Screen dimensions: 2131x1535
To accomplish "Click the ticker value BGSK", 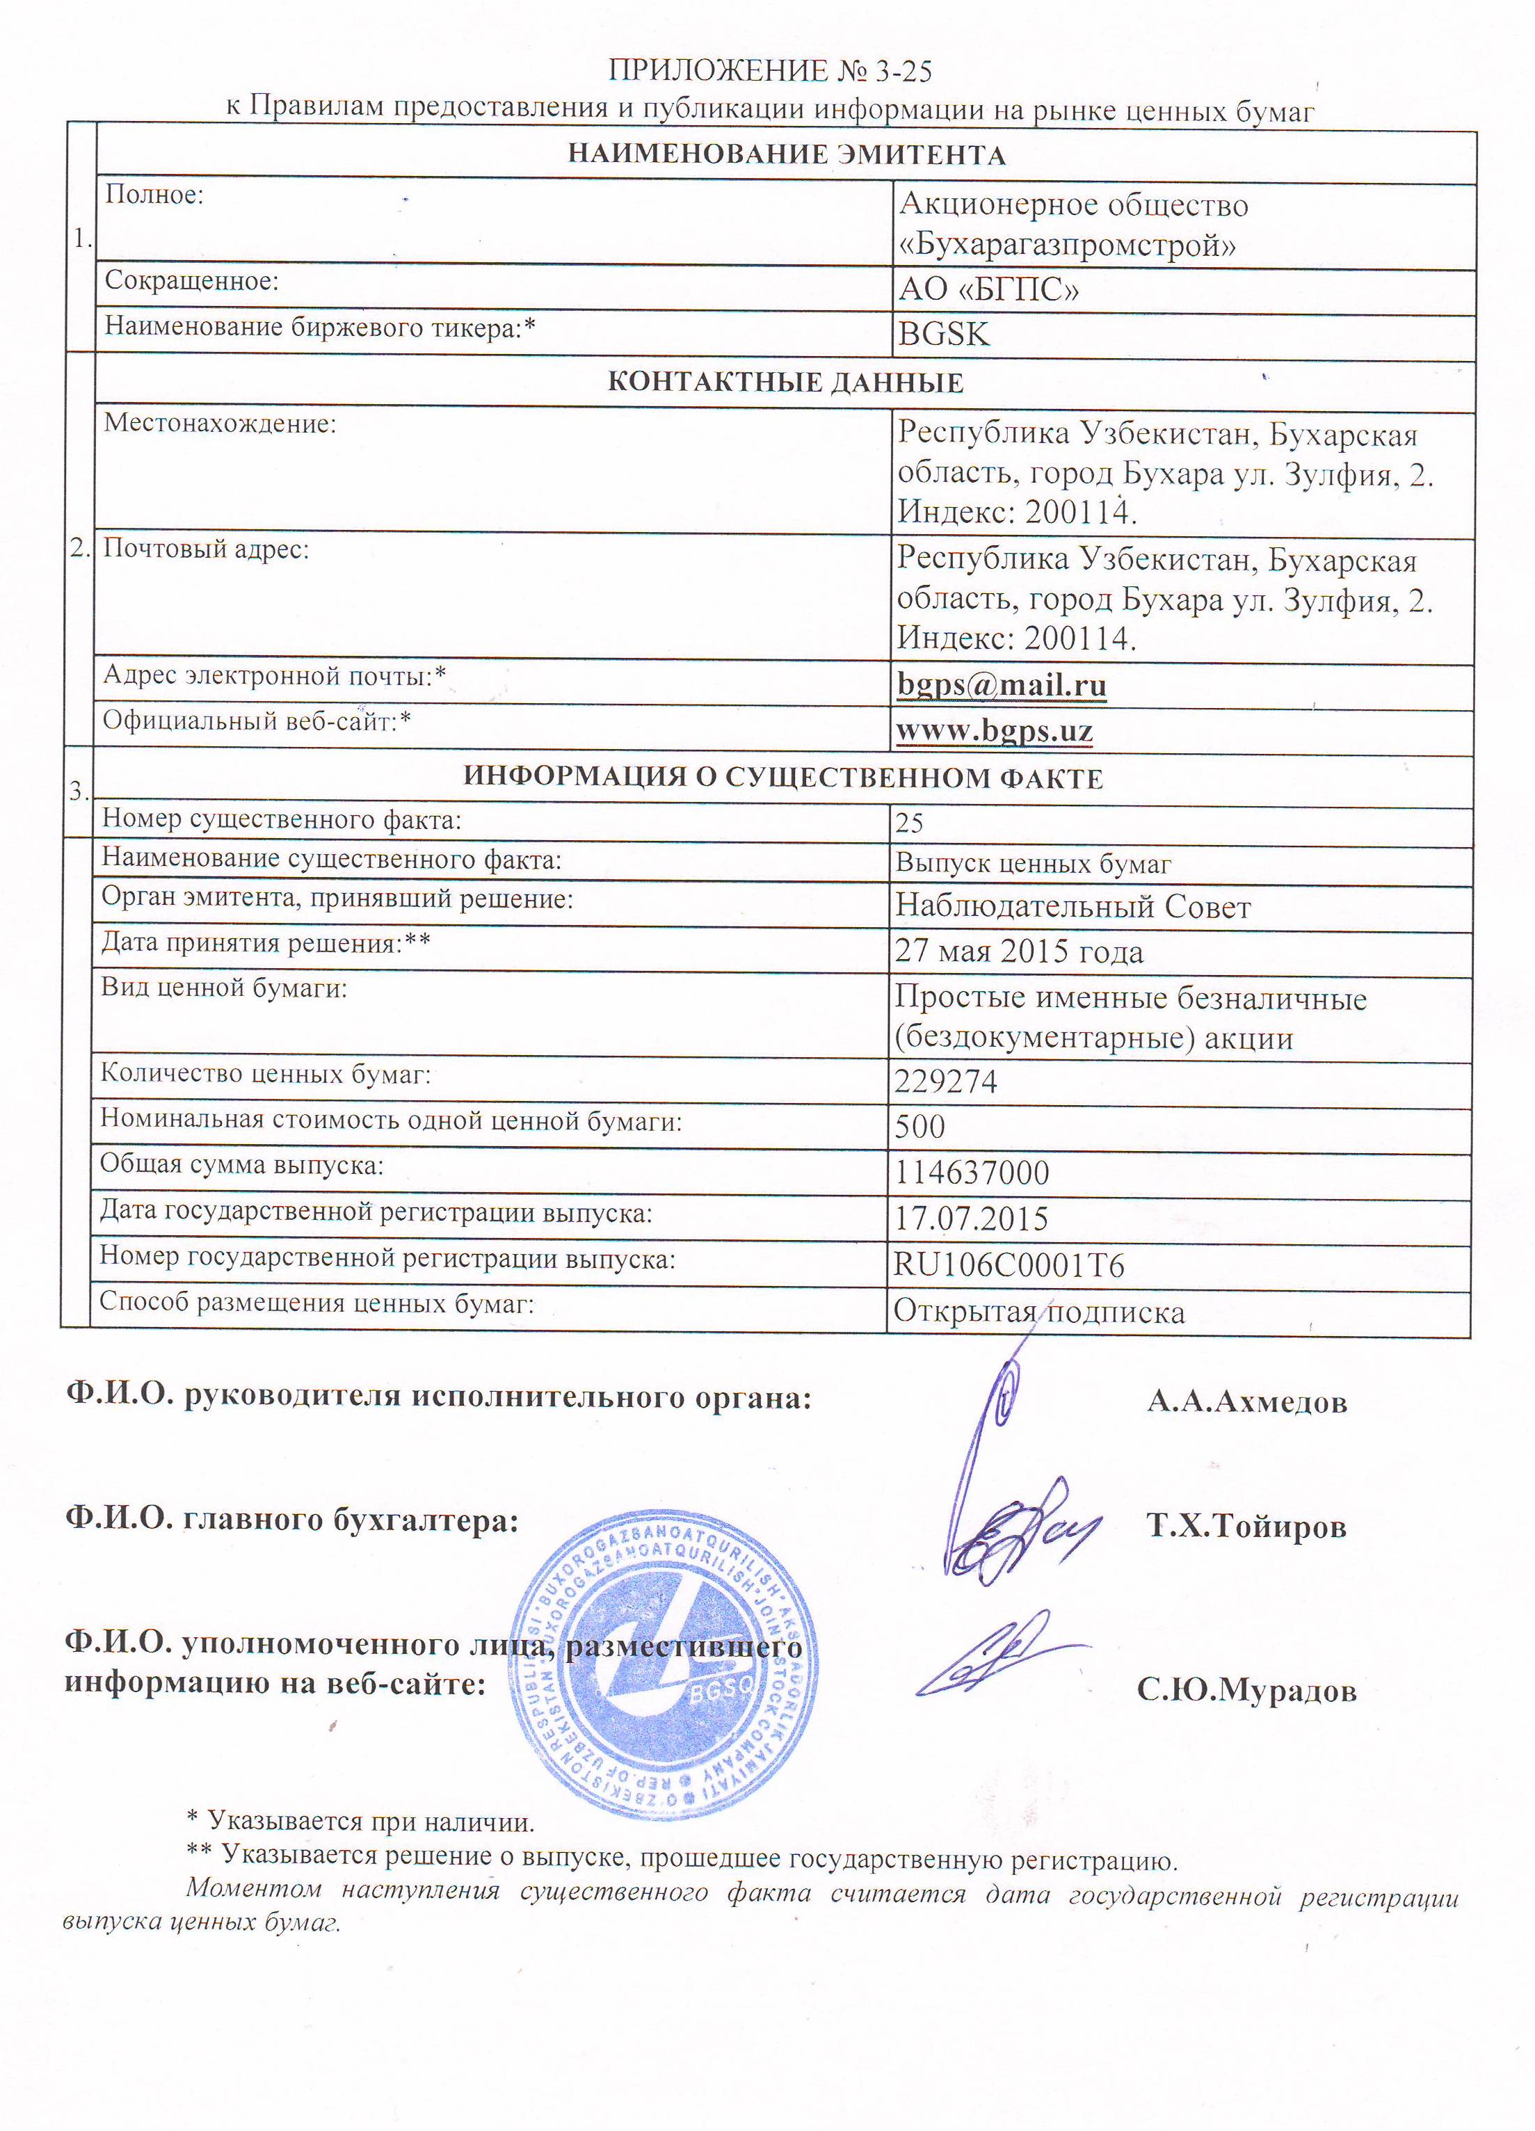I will pyautogui.click(x=943, y=335).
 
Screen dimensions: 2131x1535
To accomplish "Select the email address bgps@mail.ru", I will pyautogui.click(x=1002, y=685).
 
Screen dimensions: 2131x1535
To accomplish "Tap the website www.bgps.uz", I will pyautogui.click(x=994, y=730).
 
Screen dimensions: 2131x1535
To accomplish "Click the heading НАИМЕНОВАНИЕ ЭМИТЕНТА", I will pyautogui.click(x=787, y=155).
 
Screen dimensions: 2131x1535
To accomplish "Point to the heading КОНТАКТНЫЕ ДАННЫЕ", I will pyautogui.click(x=785, y=383).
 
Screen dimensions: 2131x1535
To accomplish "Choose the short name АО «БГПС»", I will pyautogui.click(x=988, y=289).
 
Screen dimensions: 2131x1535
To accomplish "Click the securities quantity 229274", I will pyautogui.click(x=945, y=1082).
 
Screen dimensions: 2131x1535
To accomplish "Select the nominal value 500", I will pyautogui.click(x=919, y=1127).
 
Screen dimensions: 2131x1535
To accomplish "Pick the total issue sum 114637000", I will pyautogui.click(x=972, y=1173).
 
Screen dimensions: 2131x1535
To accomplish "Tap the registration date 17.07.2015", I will pyautogui.click(x=970, y=1219).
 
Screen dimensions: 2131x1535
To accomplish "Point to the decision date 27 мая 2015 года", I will pyautogui.click(x=1018, y=952).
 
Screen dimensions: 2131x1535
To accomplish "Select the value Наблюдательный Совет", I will pyautogui.click(x=1072, y=907).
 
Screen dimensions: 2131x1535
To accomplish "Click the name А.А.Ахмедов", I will pyautogui.click(x=1246, y=1403).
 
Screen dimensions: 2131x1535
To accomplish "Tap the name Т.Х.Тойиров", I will pyautogui.click(x=1246, y=1527).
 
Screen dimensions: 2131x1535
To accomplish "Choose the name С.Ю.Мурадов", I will pyautogui.click(x=1246, y=1691).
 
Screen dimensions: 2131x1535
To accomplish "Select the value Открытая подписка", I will pyautogui.click(x=1038, y=1312).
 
